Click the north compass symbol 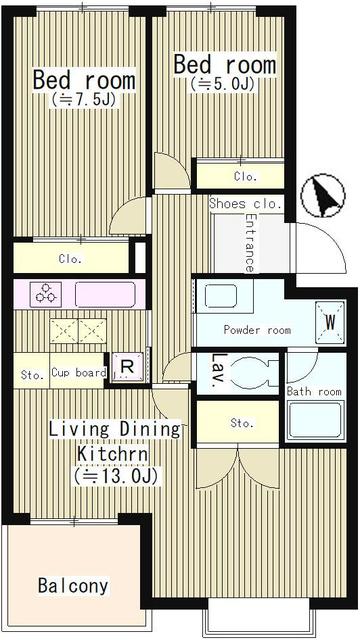(323, 196)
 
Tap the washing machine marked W (330, 322)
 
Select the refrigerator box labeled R (128, 367)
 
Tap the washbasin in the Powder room (221, 296)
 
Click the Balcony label (73, 586)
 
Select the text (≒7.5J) (84, 100)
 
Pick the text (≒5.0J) (222, 84)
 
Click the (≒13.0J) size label (116, 476)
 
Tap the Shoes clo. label (246, 204)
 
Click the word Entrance (250, 243)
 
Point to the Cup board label (79, 373)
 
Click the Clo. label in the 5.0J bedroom (245, 177)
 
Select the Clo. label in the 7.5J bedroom (70, 259)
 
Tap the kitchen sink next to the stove (105, 294)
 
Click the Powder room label (257, 330)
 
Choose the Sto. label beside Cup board (32, 375)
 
